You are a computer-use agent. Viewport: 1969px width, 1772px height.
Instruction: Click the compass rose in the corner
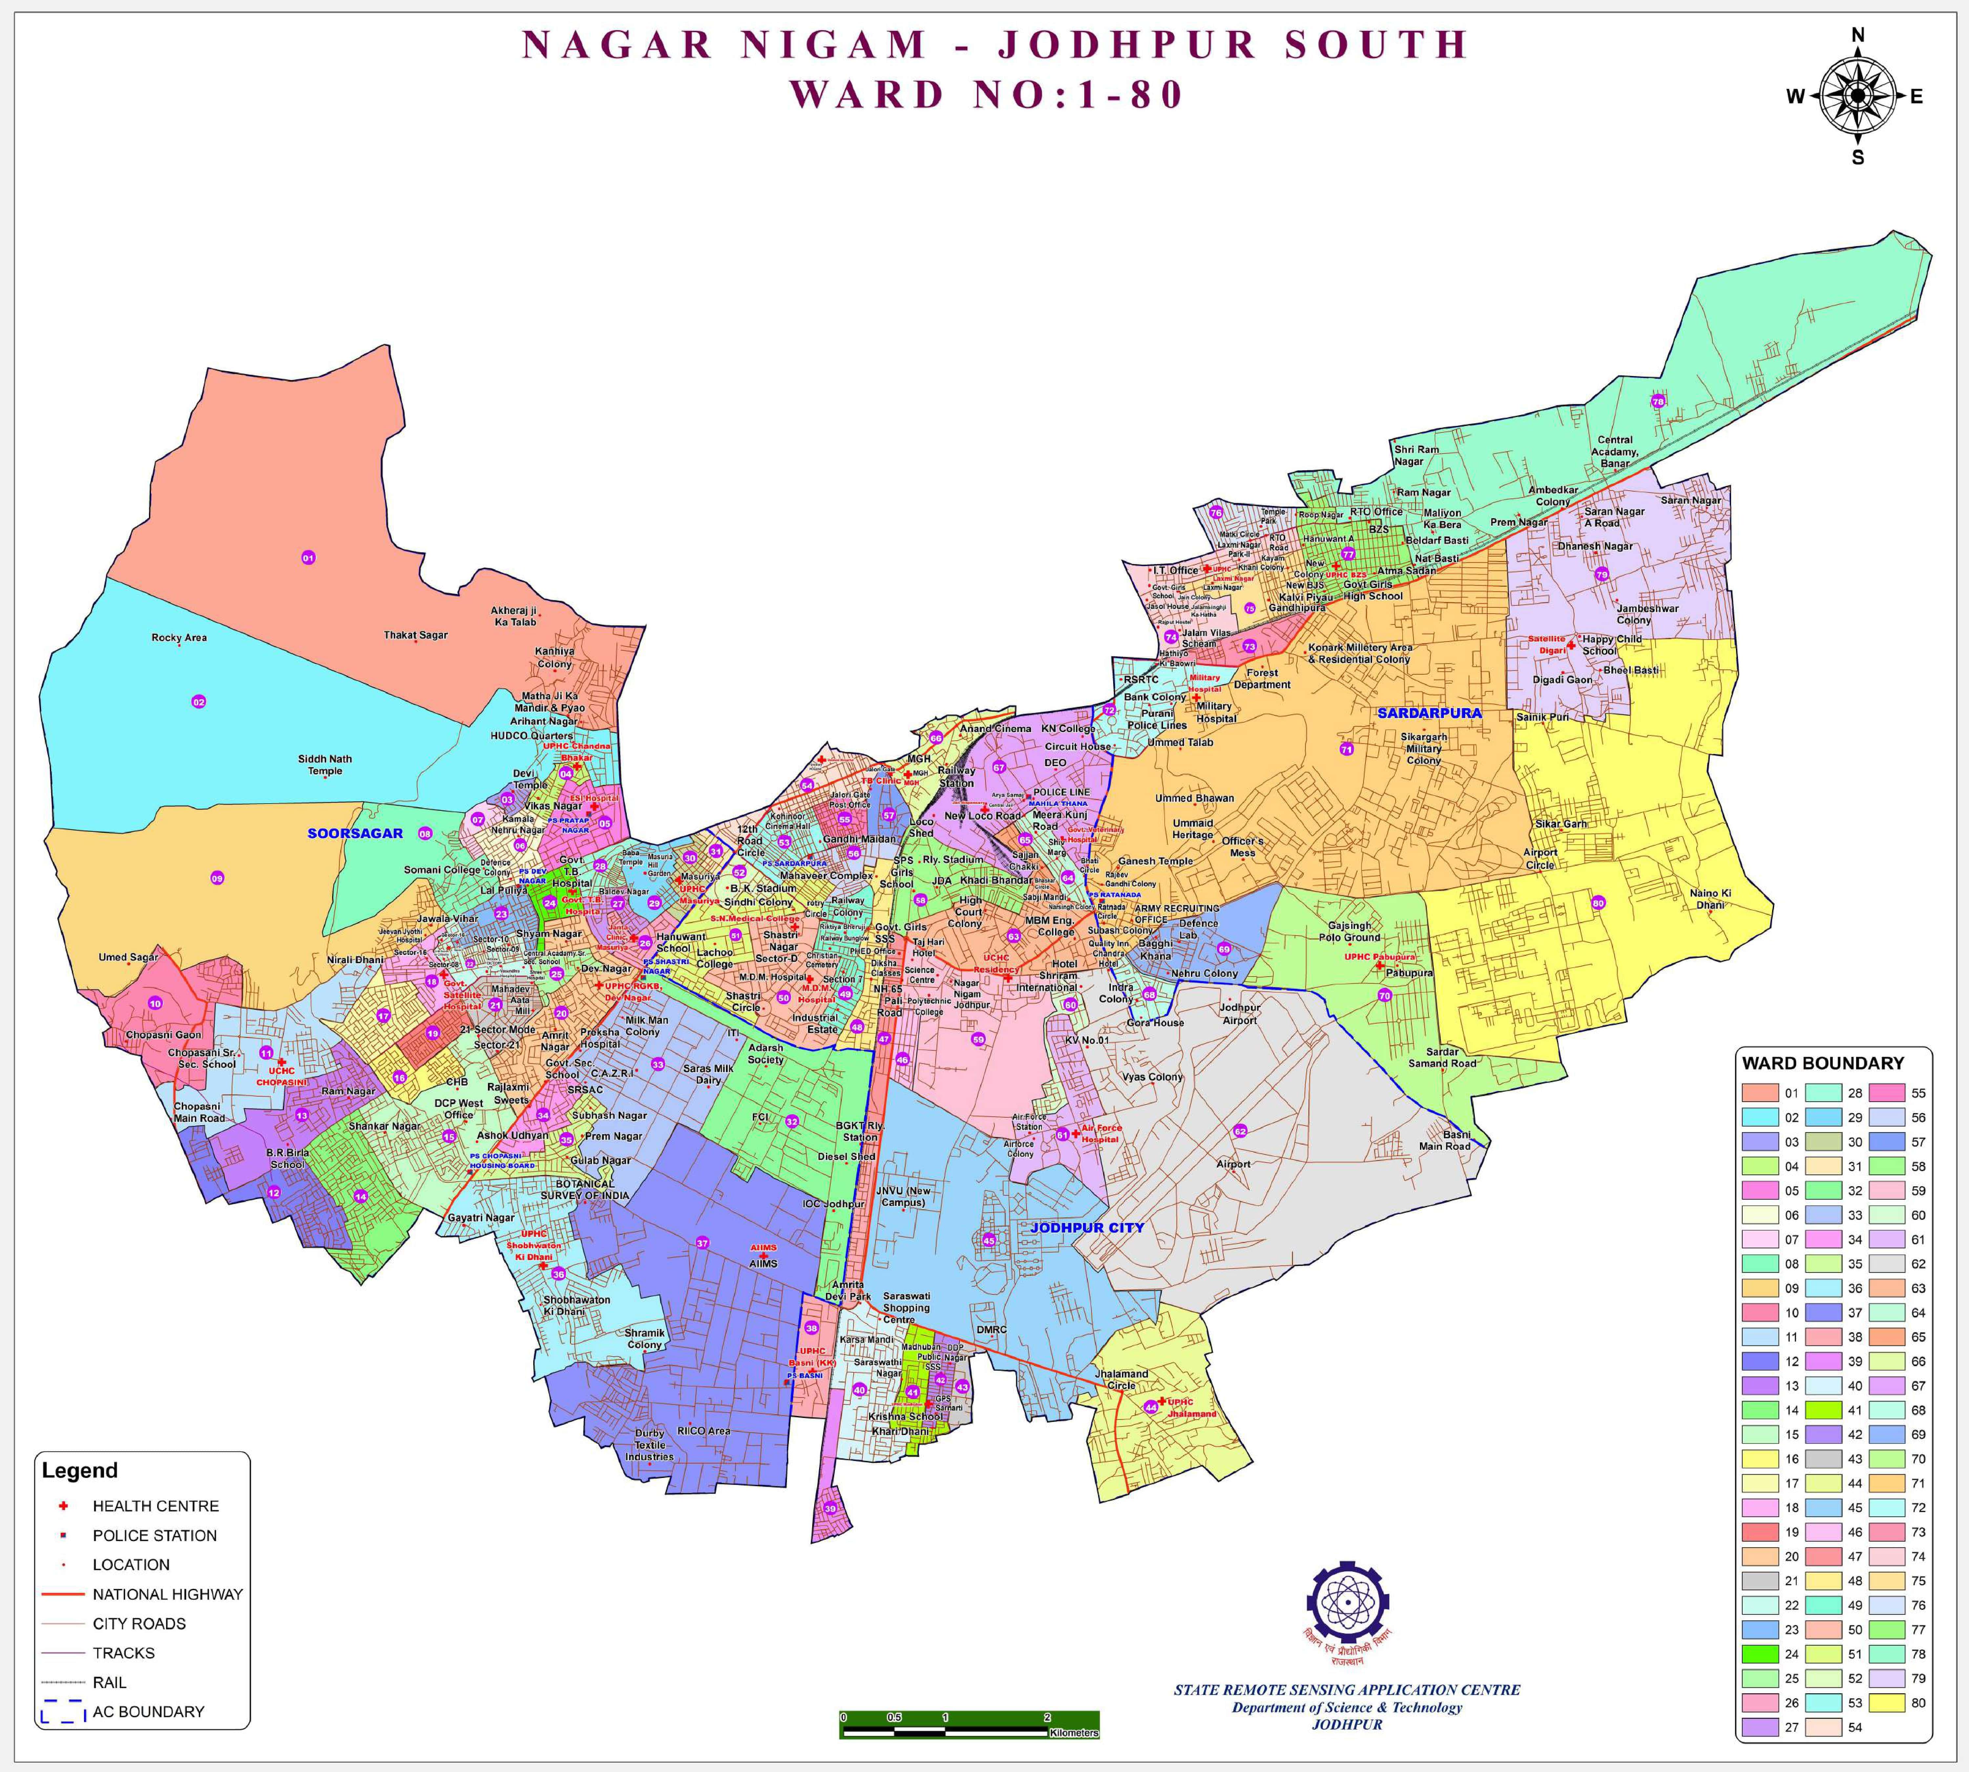1857,95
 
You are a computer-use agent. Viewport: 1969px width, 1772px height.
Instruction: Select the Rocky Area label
179,638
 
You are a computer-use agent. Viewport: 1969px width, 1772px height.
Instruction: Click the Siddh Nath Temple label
325,764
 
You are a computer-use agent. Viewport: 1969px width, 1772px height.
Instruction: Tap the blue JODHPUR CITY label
1087,1228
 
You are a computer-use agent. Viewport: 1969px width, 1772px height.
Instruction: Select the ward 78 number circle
1657,401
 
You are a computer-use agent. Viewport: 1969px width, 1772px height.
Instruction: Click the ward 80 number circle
1598,902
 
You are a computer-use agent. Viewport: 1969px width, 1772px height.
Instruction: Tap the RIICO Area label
703,1431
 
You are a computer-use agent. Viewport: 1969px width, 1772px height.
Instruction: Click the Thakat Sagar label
416,635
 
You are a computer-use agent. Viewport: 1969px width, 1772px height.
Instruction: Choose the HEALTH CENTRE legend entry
155,1506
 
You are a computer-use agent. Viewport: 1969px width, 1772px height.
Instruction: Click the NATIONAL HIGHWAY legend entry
166,1594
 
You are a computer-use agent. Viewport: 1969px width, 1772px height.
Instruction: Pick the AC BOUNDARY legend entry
148,1712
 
